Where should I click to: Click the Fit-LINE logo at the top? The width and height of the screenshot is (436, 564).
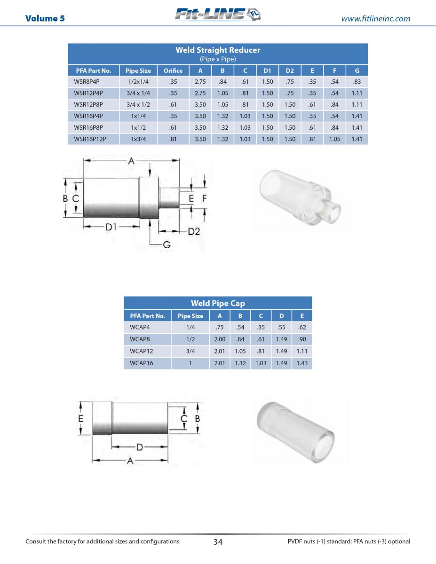point(218,14)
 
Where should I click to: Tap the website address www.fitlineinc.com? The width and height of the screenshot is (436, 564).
point(375,19)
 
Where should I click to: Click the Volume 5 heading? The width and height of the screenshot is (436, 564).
point(45,18)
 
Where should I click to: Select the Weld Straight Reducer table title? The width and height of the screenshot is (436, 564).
point(218,50)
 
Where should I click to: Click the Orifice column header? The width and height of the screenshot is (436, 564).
point(173,70)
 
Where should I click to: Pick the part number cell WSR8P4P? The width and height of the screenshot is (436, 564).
point(87,81)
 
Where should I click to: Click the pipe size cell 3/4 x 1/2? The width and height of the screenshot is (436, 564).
point(138,105)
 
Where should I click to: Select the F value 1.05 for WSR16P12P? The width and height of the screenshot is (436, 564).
point(334,139)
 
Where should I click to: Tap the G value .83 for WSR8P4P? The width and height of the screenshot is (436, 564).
point(357,81)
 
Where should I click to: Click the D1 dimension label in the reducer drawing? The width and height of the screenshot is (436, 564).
point(111,227)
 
